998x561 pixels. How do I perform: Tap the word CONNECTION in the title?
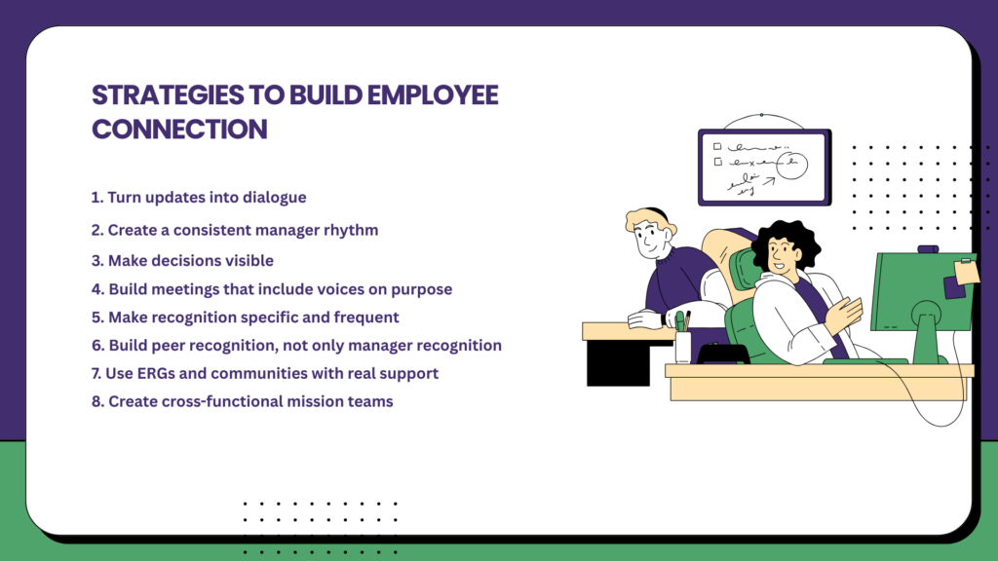(179, 129)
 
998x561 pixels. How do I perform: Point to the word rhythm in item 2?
(350, 231)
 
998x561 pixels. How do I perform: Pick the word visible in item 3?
(246, 260)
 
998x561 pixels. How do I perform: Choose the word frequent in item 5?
(367, 318)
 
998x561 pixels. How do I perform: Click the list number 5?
(96, 318)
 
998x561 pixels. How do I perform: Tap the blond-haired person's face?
(647, 240)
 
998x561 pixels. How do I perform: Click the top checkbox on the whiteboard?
(717, 145)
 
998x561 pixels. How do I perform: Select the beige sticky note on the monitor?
(967, 271)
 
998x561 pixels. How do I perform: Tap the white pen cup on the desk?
(682, 346)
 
